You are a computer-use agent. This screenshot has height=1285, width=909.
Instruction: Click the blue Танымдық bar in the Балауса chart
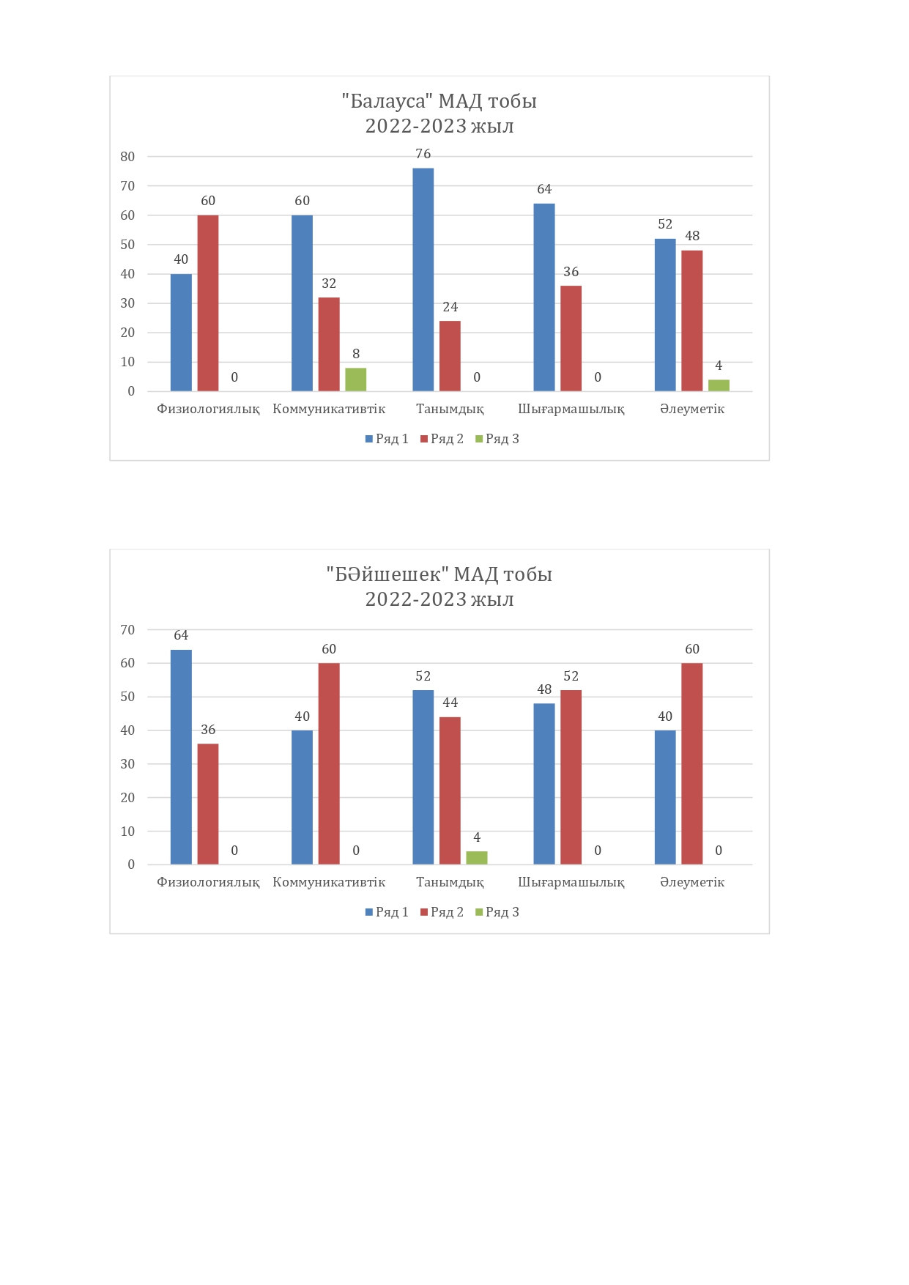(x=423, y=279)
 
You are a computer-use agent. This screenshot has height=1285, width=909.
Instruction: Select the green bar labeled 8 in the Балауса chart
(x=355, y=379)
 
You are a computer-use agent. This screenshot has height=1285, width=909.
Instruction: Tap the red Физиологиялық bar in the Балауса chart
(x=208, y=303)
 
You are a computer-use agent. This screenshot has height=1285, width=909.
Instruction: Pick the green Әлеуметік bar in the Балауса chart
(x=719, y=385)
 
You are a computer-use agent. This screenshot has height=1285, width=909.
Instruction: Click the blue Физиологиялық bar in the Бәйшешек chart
(x=181, y=757)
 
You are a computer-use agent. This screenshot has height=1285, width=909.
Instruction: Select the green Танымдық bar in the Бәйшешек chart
(x=477, y=858)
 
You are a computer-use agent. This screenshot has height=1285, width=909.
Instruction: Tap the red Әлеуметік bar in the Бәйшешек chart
(x=691, y=763)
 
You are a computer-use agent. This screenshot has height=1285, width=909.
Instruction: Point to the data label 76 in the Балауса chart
(x=423, y=154)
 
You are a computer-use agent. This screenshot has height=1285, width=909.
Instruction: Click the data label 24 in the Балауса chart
(x=450, y=307)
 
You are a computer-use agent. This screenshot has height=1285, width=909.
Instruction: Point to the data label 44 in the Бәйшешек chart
(x=450, y=703)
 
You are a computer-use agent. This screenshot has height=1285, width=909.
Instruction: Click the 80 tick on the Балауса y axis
(x=127, y=157)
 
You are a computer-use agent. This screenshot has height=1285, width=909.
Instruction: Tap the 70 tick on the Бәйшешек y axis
(x=127, y=630)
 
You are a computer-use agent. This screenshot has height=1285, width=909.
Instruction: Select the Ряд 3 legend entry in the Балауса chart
(x=497, y=439)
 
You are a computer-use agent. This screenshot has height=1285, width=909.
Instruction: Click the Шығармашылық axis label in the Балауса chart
(x=571, y=409)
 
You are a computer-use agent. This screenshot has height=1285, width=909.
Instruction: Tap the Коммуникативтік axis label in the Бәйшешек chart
(x=329, y=882)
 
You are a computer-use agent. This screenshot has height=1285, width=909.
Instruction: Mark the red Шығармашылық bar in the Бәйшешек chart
(x=571, y=777)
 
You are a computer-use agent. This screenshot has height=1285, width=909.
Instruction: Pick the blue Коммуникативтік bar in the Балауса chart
(x=302, y=303)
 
